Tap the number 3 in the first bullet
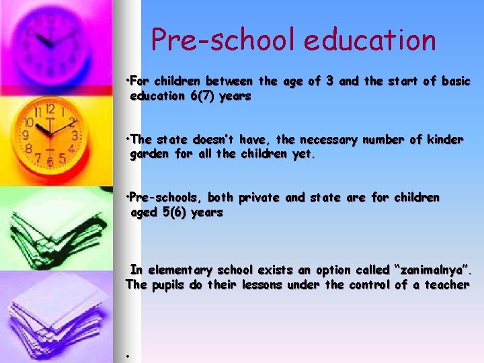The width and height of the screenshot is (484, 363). coord(329,81)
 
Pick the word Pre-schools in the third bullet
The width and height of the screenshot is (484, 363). coord(165,198)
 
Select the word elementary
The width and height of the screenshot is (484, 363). coord(181,270)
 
